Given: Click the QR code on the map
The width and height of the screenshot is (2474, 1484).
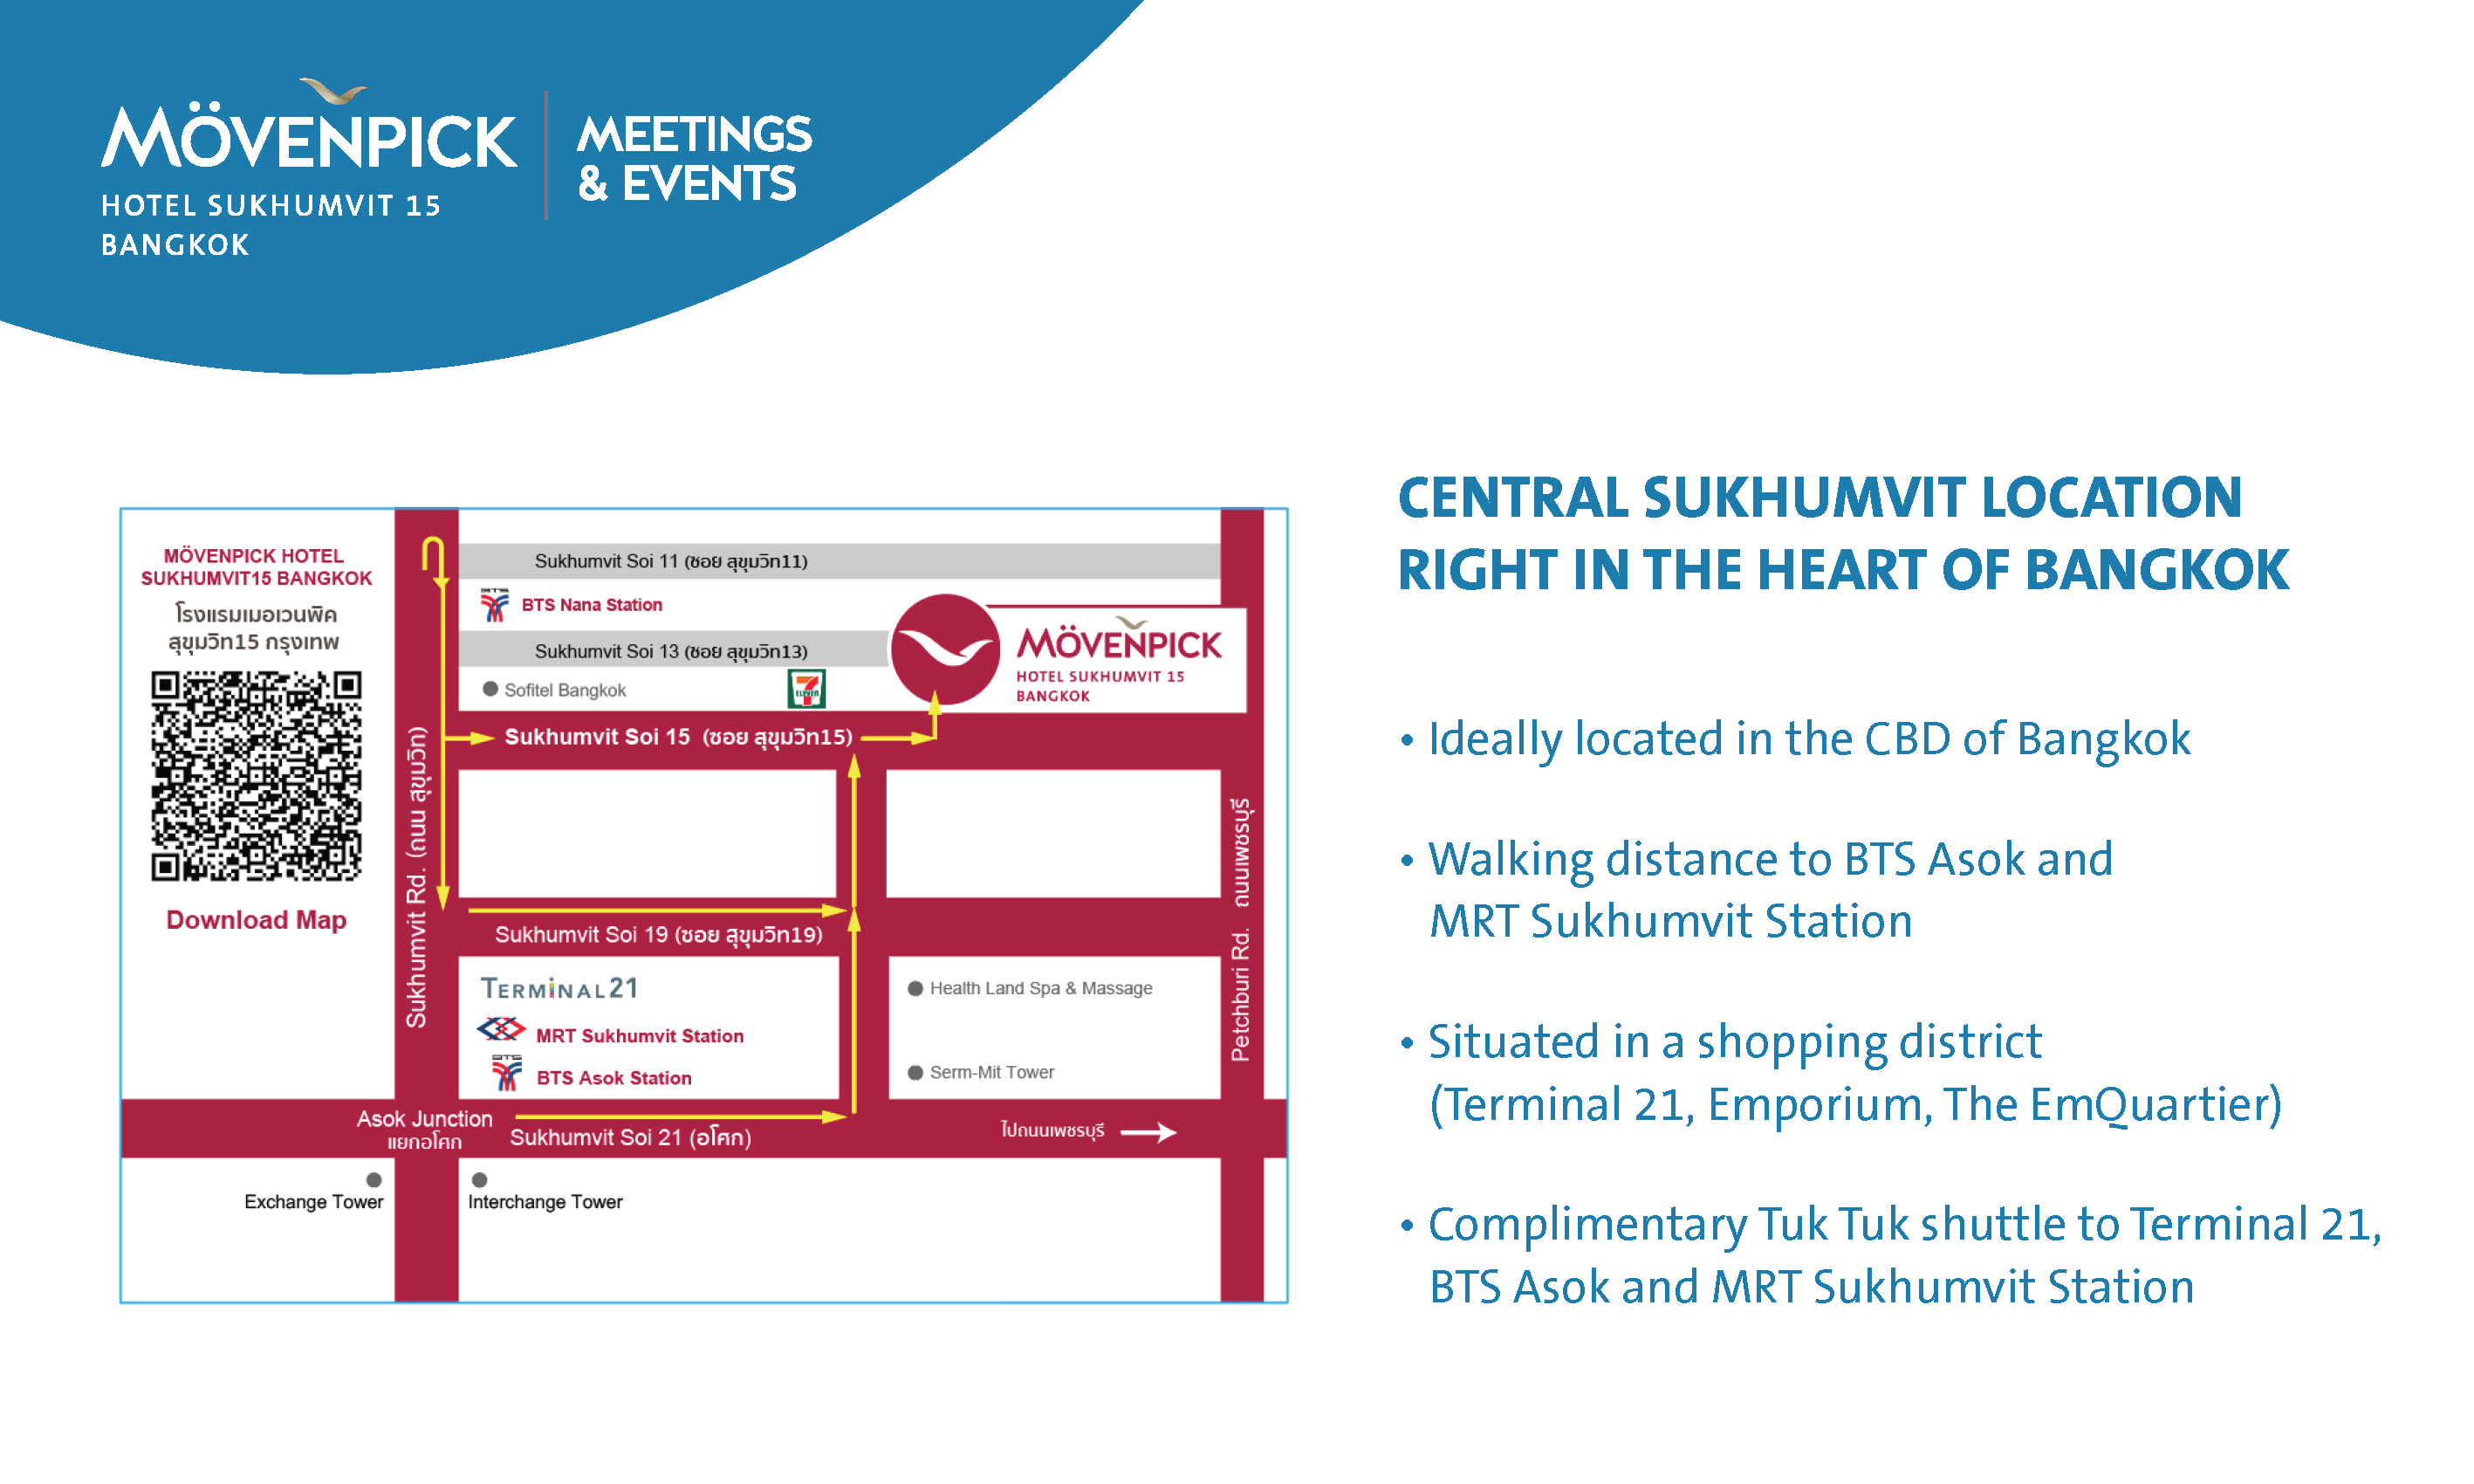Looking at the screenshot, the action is (256, 776).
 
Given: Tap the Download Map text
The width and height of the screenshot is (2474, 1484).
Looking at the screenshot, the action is (256, 920).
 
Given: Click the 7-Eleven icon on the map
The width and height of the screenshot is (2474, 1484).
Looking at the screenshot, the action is (806, 689).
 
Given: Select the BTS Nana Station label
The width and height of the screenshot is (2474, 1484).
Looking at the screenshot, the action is (592, 605).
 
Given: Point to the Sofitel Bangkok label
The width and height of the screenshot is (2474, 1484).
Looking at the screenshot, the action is (565, 690).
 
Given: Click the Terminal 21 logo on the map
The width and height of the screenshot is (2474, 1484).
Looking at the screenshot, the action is (559, 988).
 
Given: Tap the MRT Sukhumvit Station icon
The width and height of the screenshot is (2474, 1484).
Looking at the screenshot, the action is (501, 1029).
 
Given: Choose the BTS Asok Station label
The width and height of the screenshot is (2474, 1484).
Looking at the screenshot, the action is (613, 1078).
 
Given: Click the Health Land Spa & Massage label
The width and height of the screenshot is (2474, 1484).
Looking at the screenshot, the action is (1040, 988).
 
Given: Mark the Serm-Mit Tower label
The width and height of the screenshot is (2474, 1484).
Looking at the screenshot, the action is (991, 1072).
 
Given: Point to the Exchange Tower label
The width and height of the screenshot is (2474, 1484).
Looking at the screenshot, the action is (314, 1202).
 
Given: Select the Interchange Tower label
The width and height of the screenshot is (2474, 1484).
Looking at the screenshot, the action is (545, 1202).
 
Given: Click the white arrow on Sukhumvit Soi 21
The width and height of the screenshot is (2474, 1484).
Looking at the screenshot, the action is (1148, 1132).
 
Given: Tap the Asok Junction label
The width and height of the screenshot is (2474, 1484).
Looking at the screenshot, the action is (424, 1119).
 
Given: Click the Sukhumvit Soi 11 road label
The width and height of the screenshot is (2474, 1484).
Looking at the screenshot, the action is (671, 561).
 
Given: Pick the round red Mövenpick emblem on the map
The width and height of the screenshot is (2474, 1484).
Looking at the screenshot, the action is (944, 649).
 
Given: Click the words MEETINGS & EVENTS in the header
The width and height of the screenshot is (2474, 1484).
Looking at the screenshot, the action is (695, 158).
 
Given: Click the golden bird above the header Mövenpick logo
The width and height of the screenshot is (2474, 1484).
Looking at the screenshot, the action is (334, 91).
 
